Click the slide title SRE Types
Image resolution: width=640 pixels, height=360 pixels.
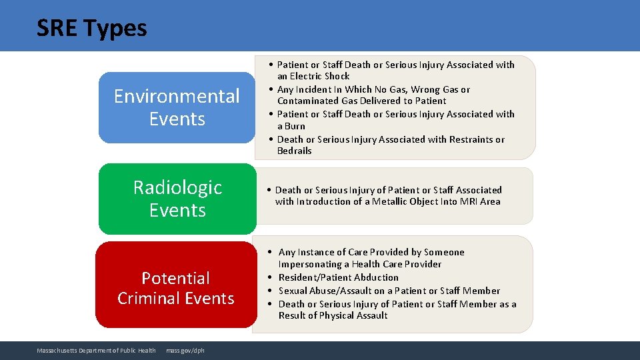point(92,28)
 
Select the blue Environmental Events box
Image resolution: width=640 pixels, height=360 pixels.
point(177,107)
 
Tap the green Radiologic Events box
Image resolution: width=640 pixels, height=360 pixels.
point(177,199)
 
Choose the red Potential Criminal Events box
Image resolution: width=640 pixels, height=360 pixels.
point(176,287)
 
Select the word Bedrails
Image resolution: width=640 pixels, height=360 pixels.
point(295,151)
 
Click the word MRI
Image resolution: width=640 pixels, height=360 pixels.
point(469,201)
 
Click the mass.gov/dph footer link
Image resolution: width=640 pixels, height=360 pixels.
point(185,351)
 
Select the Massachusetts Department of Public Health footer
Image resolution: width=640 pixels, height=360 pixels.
point(97,351)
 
